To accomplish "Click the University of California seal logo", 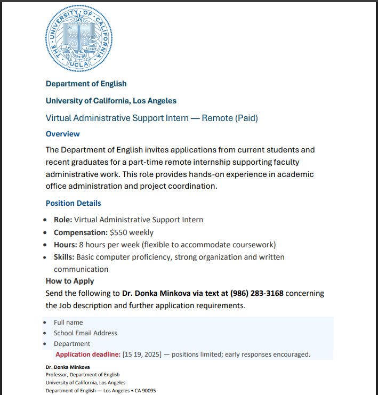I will [79, 39].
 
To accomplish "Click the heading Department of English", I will [86, 84].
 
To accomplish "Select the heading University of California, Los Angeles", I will [111, 101].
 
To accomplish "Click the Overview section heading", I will [62, 134].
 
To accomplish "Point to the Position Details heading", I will [73, 203].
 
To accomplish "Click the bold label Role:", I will [63, 220].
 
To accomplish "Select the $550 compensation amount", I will [119, 232].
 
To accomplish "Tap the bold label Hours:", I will [65, 245].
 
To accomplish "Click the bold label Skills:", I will [65, 257].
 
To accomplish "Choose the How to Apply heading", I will [70, 281].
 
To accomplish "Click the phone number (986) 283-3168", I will [257, 293].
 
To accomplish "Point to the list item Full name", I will [68, 323].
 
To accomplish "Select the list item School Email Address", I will [85, 333].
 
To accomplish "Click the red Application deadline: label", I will [88, 354].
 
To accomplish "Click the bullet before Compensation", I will [47, 233].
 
